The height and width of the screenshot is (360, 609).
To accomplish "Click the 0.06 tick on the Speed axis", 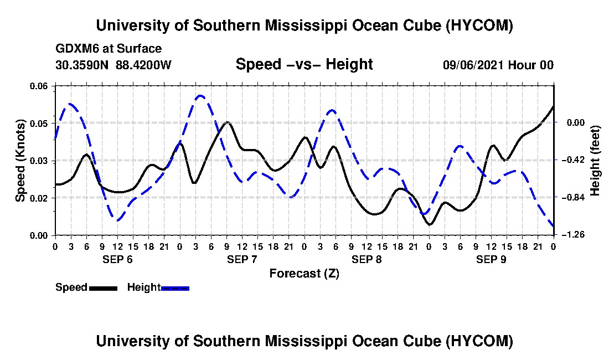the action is click(x=38, y=86).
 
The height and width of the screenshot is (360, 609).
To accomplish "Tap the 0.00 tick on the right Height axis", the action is click(x=576, y=123).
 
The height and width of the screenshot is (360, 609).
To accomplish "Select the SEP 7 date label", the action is click(x=242, y=259).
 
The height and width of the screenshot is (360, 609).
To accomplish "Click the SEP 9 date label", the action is click(x=491, y=259).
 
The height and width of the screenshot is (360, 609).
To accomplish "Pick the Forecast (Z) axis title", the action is click(x=304, y=274).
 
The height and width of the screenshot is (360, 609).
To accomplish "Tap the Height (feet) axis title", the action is click(x=595, y=161).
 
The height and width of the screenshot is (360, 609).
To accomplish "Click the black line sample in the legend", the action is click(x=103, y=288).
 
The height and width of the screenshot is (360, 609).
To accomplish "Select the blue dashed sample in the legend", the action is click(x=175, y=288).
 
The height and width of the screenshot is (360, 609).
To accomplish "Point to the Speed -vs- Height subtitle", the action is click(x=304, y=64).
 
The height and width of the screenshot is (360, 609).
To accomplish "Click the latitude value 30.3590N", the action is click(x=82, y=65).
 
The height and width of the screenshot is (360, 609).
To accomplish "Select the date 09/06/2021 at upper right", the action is click(x=473, y=65).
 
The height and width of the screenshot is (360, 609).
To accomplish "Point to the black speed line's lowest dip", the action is click(x=430, y=224).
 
